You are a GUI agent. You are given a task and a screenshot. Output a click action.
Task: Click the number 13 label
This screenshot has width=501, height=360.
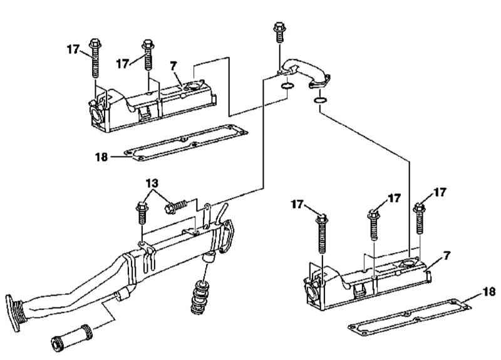tap(152, 183)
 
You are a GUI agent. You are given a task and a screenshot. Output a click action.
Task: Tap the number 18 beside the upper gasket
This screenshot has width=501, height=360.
tap(101, 157)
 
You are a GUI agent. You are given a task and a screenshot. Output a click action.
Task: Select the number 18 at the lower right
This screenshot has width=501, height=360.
tap(489, 291)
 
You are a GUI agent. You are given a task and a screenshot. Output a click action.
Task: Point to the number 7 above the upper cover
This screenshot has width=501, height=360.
tap(173, 66)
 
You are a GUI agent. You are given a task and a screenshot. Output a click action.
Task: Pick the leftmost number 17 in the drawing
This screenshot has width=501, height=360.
tap(73, 49)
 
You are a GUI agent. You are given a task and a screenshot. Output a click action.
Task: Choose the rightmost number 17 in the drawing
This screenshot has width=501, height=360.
tap(440, 192)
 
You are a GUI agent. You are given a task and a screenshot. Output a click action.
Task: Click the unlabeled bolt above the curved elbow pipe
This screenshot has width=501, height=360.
tap(279, 33)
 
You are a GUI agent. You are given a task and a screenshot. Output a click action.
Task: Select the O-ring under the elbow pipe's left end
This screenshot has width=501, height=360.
tap(287, 86)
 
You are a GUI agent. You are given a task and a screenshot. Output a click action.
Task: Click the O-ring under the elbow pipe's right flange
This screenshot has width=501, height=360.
tap(320, 101)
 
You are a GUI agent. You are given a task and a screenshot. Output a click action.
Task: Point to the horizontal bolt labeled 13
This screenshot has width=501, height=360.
tap(176, 207)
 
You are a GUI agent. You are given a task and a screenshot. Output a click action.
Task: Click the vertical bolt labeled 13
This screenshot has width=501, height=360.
tap(142, 213)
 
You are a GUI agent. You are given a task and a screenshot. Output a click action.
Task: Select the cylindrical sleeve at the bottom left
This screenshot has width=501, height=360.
tap(72, 338)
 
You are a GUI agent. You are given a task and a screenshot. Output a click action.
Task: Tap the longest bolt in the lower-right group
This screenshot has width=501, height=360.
tap(322, 234)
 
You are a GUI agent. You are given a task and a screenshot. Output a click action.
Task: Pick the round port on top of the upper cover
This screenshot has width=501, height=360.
tap(193, 86)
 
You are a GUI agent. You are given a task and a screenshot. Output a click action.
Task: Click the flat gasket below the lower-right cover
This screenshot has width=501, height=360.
tap(410, 317)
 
